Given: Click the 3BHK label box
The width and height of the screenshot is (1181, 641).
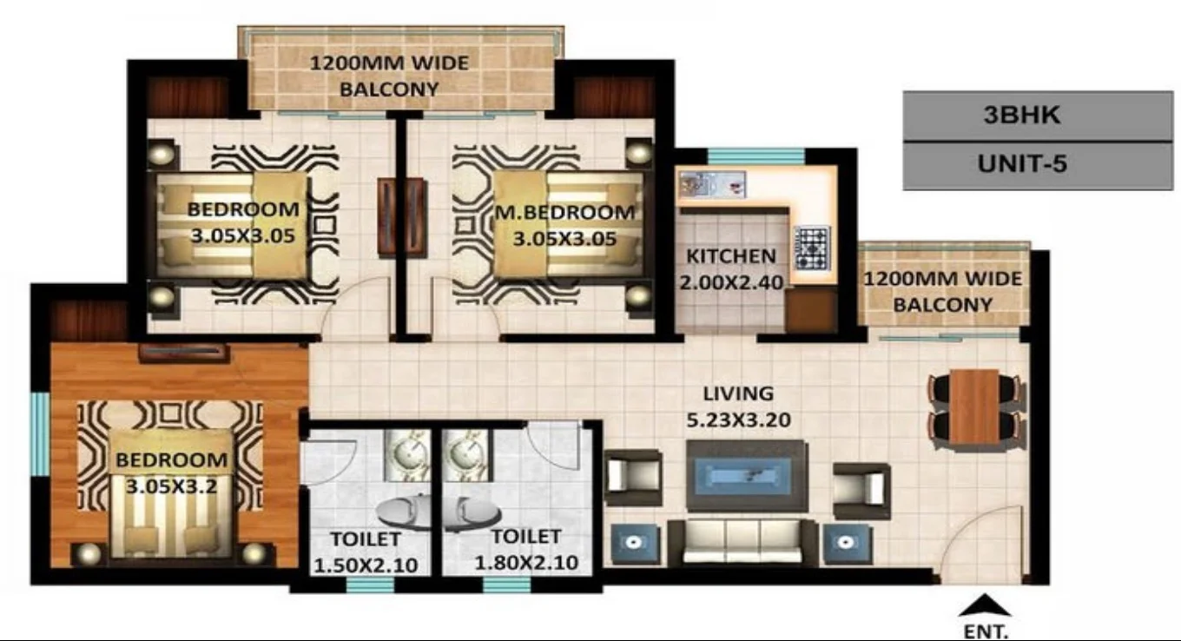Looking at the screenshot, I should [x=1037, y=116].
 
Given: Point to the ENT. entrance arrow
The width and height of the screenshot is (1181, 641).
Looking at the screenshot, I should [x=986, y=605].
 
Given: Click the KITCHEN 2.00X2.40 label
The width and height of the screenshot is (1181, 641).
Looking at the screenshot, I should [x=731, y=268].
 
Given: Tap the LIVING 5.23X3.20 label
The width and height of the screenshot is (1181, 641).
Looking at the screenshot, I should [x=739, y=406].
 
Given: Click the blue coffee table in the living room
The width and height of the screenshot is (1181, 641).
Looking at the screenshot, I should [x=746, y=475].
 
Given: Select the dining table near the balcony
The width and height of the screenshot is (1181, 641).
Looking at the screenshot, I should [x=973, y=406].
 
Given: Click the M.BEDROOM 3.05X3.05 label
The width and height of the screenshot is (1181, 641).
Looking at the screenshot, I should [x=564, y=224].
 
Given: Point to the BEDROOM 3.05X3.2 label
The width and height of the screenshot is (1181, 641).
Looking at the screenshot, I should [x=171, y=472].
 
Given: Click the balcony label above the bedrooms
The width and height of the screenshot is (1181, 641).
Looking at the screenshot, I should [x=389, y=76].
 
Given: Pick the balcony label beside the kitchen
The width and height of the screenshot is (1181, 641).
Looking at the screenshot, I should [x=942, y=292].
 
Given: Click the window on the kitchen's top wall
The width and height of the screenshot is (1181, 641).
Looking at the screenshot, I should [x=743, y=157].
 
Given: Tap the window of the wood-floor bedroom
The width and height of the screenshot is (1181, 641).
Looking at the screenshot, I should [x=40, y=433].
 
